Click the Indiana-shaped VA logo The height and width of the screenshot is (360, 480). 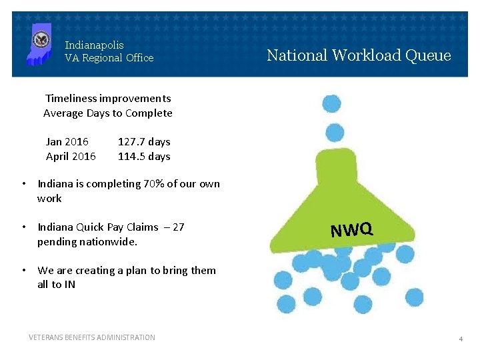point(39,43)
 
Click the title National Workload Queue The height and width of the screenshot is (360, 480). point(359,55)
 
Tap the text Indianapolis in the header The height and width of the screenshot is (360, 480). point(94,45)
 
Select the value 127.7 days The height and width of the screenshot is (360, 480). point(144,142)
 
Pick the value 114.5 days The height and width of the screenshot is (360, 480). point(144,157)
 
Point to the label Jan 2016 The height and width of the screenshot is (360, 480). point(67,142)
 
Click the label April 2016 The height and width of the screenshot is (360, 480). point(71,157)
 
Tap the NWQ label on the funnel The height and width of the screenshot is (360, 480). point(351,230)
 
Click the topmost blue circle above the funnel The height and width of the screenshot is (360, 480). point(331,103)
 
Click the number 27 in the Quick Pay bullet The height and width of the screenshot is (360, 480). point(178,227)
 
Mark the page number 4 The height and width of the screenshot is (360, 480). point(460,339)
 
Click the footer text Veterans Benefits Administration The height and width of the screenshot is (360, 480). point(92,337)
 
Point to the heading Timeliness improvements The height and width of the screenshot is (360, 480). point(108,99)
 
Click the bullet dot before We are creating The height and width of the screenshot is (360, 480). point(23,271)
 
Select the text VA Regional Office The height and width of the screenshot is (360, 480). point(109,58)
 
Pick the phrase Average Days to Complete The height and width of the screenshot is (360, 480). point(108,113)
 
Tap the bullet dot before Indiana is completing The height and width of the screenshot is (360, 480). point(23,184)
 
